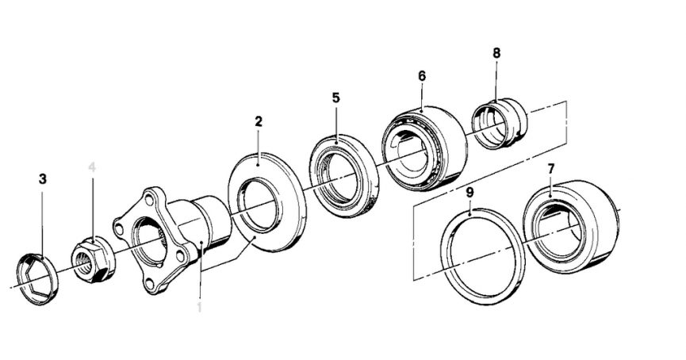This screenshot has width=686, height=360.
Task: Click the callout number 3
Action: tap(43, 179)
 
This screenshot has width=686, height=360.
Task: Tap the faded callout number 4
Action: tap(92, 167)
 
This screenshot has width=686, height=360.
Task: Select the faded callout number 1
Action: tap(199, 304)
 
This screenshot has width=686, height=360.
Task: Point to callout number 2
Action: tap(259, 121)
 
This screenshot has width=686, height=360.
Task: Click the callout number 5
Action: tap(335, 98)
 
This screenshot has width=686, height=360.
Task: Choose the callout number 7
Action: tap(550, 169)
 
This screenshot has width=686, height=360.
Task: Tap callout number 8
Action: tap(496, 53)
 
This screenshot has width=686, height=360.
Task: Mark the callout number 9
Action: tap(469, 192)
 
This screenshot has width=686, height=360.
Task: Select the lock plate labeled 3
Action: tap(38, 278)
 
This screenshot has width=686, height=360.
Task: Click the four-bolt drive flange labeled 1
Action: tap(159, 238)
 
